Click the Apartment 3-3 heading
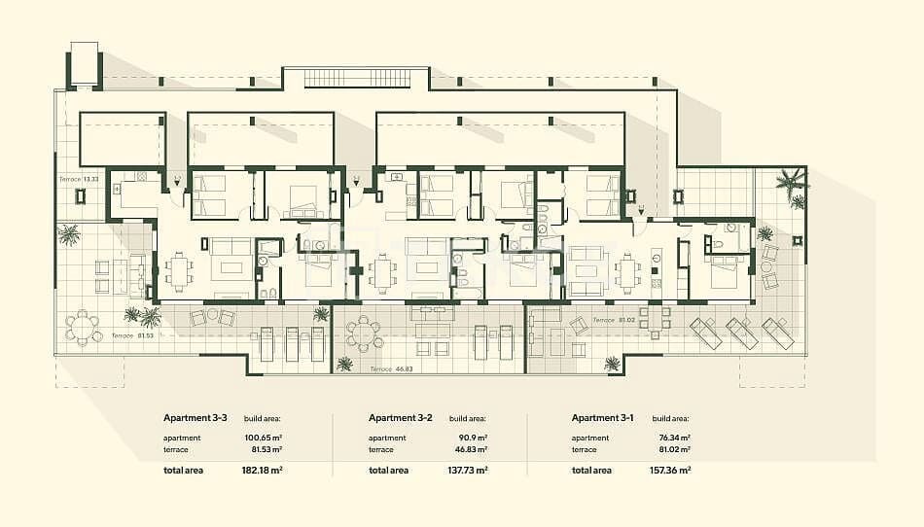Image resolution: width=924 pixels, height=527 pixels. tap(195, 417)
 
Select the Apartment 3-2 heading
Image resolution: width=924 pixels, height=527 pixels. tap(401, 417)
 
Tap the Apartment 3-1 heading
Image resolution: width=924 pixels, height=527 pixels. tap(602, 417)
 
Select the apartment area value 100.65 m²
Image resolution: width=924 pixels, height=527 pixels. tap(263, 439)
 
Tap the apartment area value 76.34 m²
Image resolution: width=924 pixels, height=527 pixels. tap(672, 439)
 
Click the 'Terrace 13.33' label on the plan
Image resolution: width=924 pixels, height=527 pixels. tap(79, 180)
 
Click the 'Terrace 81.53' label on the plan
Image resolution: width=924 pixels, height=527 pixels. tap(134, 335)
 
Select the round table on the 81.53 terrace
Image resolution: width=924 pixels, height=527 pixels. tap(84, 327)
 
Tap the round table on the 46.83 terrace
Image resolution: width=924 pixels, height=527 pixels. tap(365, 334)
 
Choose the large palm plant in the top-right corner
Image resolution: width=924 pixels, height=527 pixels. tap(791, 181)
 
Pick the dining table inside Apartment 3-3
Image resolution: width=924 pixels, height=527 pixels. tap(177, 269)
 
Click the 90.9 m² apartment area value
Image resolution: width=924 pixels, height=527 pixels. tap(469, 439)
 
